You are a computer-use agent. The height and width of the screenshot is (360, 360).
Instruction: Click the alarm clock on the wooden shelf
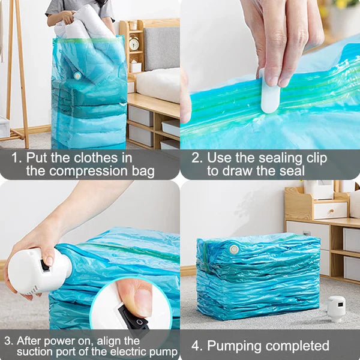click(134, 43)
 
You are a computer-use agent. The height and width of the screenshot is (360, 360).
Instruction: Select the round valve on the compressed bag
click(233, 248)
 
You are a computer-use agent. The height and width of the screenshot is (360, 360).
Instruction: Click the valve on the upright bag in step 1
click(77, 76)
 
